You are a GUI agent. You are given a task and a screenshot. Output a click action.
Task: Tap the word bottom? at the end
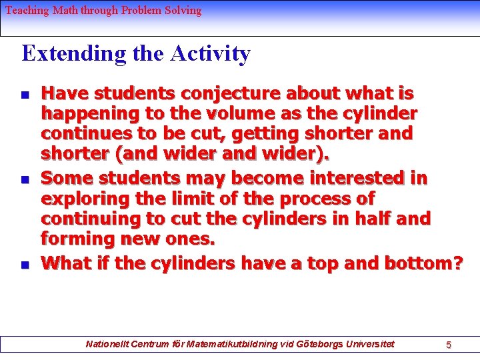pyautogui.click(x=423, y=263)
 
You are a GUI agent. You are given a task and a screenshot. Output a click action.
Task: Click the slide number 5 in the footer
pyautogui.click(x=449, y=345)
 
